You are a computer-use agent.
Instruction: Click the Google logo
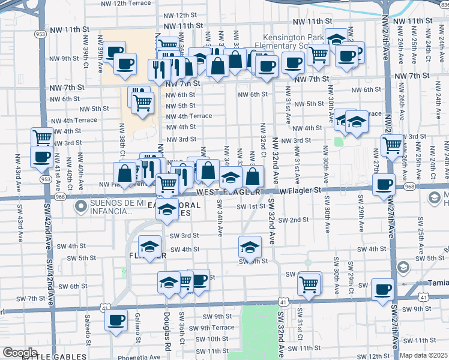[x=20, y=352]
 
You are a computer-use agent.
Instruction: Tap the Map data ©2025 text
[x=424, y=355]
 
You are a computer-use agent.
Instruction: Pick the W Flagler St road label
[x=301, y=190]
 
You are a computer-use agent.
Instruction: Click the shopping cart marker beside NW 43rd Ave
[x=42, y=138]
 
